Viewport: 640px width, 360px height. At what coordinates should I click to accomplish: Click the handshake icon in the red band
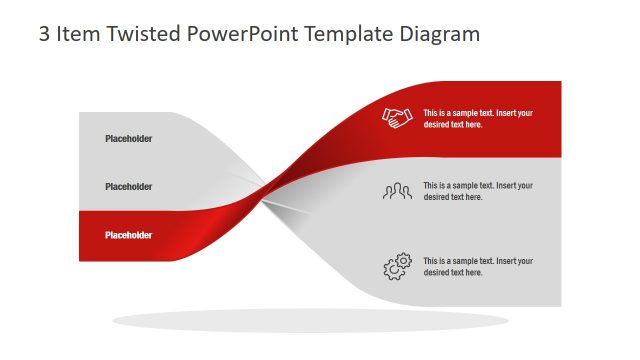click(x=397, y=118)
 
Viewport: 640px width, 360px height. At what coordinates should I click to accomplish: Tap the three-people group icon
click(x=397, y=191)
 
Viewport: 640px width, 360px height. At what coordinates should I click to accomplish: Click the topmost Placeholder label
click(x=129, y=139)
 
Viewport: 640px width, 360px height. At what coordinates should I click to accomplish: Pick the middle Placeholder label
click(x=129, y=187)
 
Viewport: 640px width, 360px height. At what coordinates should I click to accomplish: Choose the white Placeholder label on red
click(x=129, y=235)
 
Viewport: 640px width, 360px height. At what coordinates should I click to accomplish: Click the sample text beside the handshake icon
click(x=478, y=119)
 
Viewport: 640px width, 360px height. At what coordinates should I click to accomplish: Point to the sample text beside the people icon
click(x=478, y=191)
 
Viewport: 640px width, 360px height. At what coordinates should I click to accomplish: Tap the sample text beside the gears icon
click(x=478, y=267)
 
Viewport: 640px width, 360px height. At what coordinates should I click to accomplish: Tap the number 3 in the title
click(x=44, y=34)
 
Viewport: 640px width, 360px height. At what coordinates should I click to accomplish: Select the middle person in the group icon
click(x=397, y=189)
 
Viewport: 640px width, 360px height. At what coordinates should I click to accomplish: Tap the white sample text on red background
click(x=478, y=119)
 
